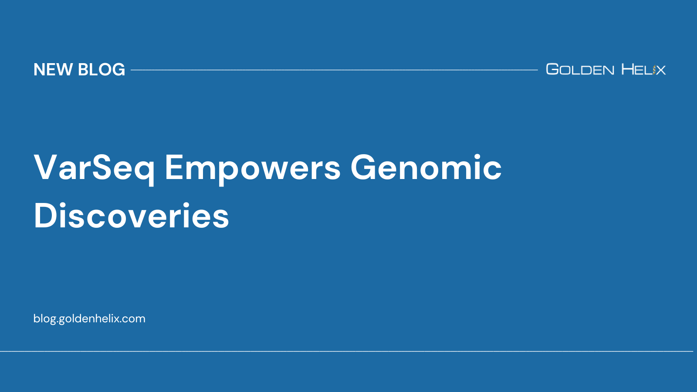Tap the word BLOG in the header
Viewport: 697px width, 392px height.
point(102,70)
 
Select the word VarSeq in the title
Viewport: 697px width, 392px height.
point(94,168)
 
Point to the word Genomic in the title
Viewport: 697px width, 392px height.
point(426,168)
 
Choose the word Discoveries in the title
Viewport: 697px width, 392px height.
point(131,216)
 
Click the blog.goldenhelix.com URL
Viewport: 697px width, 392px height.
point(89,318)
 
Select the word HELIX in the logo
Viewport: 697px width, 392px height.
point(643,69)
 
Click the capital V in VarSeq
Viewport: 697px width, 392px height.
point(46,167)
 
